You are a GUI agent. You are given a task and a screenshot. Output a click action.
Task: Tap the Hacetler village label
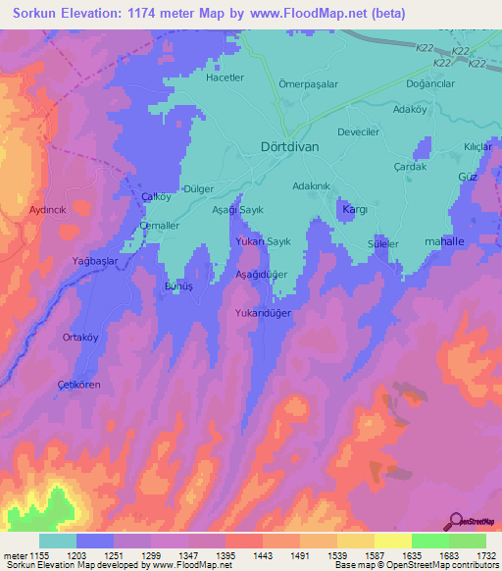224,78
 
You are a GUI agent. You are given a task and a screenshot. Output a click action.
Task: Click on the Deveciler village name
358,130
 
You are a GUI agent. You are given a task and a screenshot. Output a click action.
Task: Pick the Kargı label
352,209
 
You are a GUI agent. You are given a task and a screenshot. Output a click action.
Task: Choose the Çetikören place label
78,384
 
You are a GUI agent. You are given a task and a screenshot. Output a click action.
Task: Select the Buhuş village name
176,288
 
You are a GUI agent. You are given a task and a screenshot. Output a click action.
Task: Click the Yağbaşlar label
96,260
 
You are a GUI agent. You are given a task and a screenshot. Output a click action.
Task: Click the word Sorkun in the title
36,15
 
